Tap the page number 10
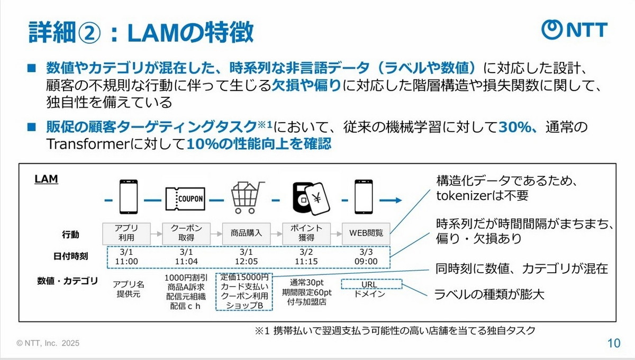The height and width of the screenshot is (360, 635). (613, 343)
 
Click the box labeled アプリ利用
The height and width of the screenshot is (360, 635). (125, 232)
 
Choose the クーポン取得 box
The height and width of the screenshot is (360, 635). (186, 232)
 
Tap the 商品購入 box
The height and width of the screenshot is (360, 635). (247, 232)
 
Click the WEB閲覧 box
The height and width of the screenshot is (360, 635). (366, 232)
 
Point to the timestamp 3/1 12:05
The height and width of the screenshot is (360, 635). (247, 256)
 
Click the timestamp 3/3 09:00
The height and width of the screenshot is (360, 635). (366, 256)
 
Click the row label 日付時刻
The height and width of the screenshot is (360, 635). (70, 257)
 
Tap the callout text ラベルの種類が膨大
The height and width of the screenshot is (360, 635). (489, 294)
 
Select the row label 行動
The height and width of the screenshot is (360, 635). (70, 234)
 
